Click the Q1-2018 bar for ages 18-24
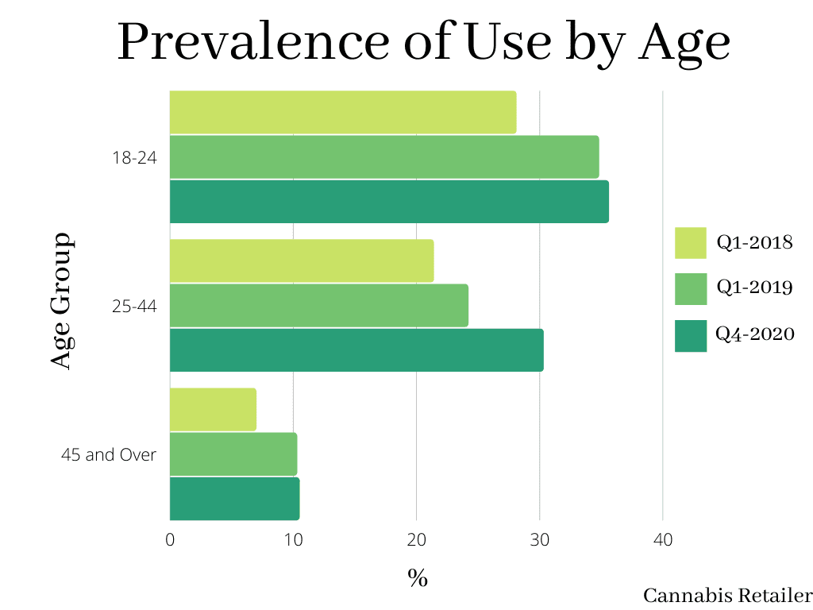pos(343,113)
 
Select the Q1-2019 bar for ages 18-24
pos(384,157)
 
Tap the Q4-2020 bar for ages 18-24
pos(389,202)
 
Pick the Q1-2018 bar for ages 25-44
pos(302,261)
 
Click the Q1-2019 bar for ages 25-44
pos(319,306)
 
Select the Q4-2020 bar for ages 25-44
pos(356,350)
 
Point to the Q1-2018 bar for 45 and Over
pos(213,410)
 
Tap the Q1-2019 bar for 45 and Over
pos(233,454)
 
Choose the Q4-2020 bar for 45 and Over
pos(234,499)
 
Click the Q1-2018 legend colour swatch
pos(690,243)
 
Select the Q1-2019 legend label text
pos(754,288)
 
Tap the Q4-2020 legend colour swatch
pos(690,336)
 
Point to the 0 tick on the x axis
pos(170,540)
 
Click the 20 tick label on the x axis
pos(416,540)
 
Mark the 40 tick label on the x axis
pos(663,540)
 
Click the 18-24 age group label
pos(134,157)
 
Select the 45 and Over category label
pos(109,455)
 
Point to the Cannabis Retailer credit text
pos(727,596)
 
